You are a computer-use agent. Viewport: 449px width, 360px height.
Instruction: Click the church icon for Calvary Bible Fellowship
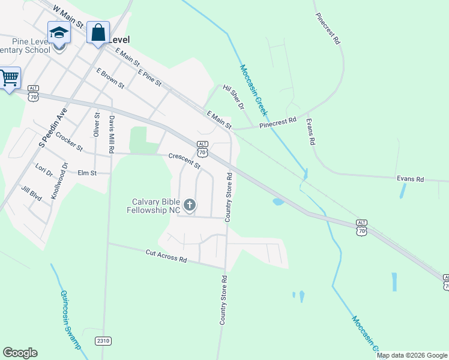coord(190,206)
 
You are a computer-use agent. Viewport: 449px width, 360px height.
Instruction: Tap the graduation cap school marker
coord(59,32)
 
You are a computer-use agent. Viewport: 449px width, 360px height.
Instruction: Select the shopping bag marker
coord(98,32)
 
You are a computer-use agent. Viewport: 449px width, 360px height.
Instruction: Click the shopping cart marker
coord(8,77)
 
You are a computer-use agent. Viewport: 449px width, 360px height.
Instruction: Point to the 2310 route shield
coord(103,341)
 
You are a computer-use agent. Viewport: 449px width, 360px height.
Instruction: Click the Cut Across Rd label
coord(166,256)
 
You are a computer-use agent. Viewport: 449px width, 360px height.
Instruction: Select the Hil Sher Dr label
coord(234,97)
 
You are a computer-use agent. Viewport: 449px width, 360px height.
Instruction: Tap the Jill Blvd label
coord(32,193)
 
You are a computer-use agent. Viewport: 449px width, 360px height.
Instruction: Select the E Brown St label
coord(110,78)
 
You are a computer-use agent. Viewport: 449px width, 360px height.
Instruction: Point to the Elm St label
coord(87,173)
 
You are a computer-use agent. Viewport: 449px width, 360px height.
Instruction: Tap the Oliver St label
coord(97,123)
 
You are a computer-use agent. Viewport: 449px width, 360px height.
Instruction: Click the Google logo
coord(20,353)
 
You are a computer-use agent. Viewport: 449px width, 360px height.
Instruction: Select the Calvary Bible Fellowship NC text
coord(154,206)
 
